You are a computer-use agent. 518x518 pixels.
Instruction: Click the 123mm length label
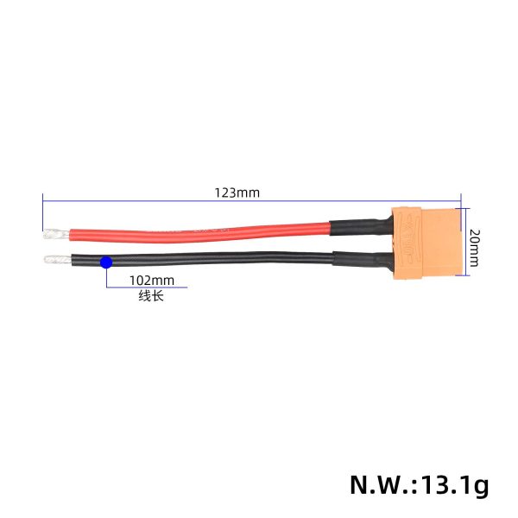pos(237,193)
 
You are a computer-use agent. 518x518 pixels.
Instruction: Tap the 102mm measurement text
pos(151,281)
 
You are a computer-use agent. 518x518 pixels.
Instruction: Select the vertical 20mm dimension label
pos(474,246)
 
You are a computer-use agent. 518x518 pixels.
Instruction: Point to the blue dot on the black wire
pos(105,262)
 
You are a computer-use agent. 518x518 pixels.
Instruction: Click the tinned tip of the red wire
pos(53,232)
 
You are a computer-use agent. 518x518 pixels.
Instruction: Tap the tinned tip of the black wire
pos(53,259)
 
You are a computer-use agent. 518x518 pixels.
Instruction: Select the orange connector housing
pos(429,246)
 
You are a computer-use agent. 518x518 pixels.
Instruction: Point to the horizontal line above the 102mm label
pos(138,288)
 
